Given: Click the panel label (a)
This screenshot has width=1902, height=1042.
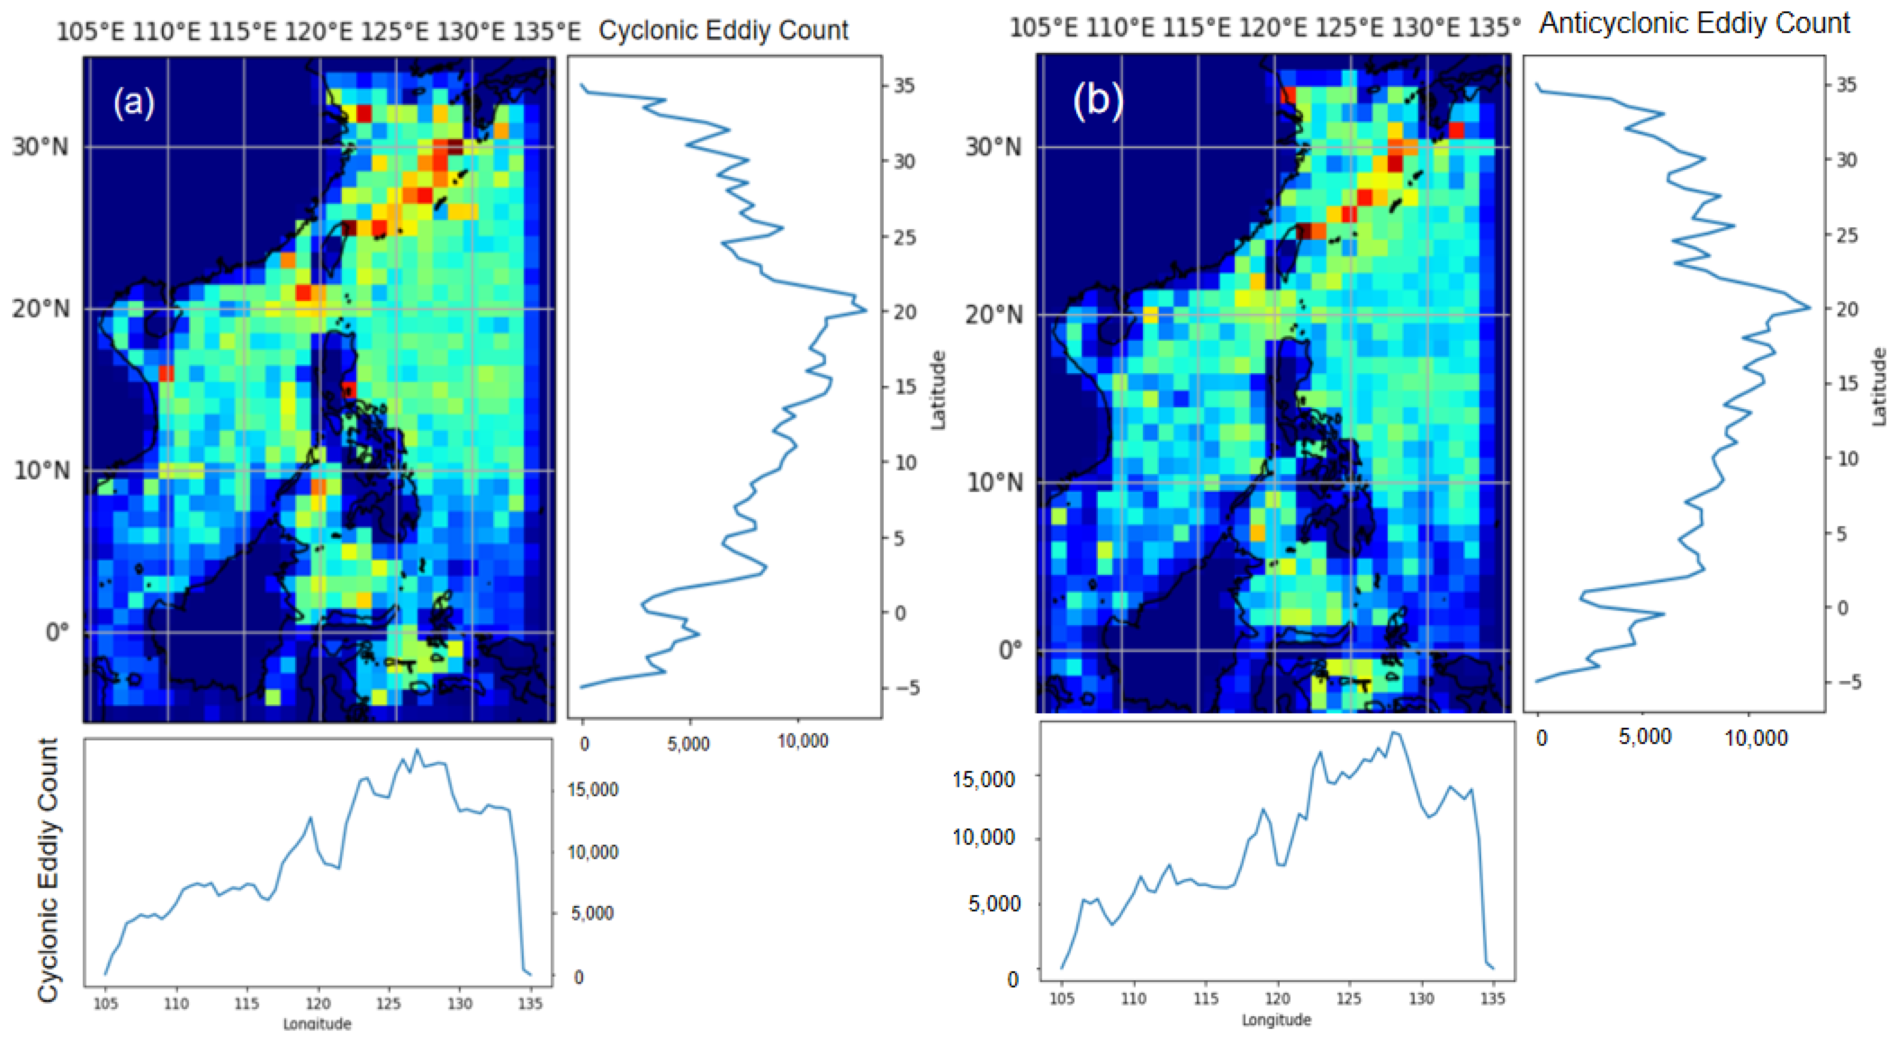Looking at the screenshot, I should tap(134, 101).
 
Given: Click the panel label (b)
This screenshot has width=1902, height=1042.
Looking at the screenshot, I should tap(1097, 98).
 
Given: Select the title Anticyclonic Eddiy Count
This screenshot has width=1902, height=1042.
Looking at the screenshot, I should tap(1694, 23).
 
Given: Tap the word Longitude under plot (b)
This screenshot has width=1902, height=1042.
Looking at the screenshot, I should tap(1276, 1020).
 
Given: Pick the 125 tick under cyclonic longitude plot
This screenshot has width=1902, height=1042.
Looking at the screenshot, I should tap(389, 1004).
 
